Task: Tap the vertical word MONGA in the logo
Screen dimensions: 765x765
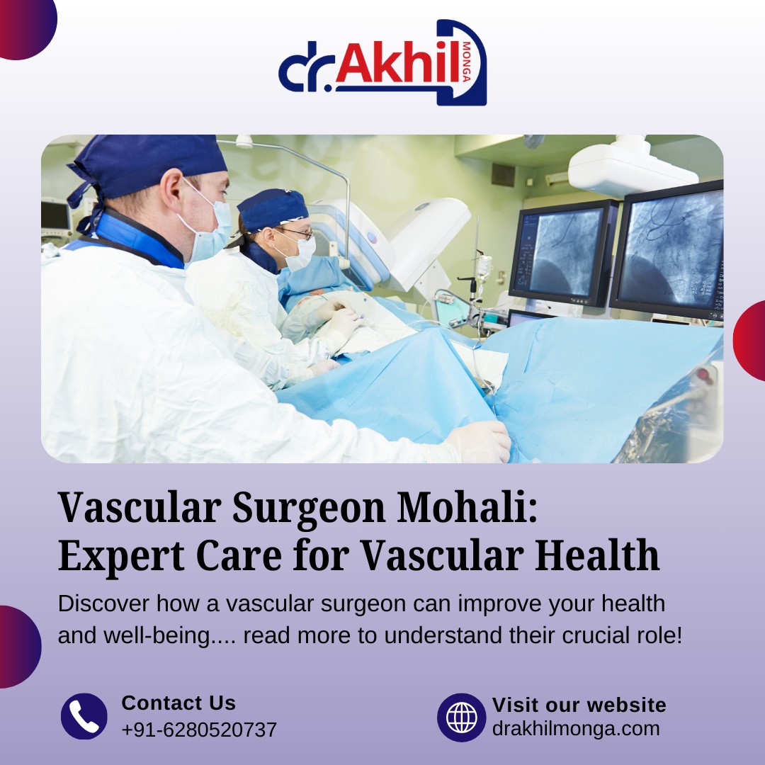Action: click(x=466, y=62)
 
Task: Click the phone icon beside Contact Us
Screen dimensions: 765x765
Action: click(x=84, y=716)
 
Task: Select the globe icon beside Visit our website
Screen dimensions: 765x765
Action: click(x=462, y=717)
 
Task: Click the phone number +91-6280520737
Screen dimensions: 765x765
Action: click(x=199, y=730)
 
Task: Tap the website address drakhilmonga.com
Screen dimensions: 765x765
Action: click(x=576, y=728)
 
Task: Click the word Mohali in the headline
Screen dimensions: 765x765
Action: click(x=467, y=507)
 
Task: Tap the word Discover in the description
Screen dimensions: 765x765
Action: click(x=103, y=603)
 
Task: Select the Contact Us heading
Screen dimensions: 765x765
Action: click(x=178, y=703)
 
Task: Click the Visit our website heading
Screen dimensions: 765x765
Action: click(x=579, y=705)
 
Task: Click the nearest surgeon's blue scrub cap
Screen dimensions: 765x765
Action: click(x=147, y=169)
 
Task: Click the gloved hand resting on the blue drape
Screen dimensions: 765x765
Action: click(x=480, y=442)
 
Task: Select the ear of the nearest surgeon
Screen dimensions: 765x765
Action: click(x=171, y=189)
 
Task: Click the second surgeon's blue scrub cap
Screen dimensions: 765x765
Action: click(x=272, y=209)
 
